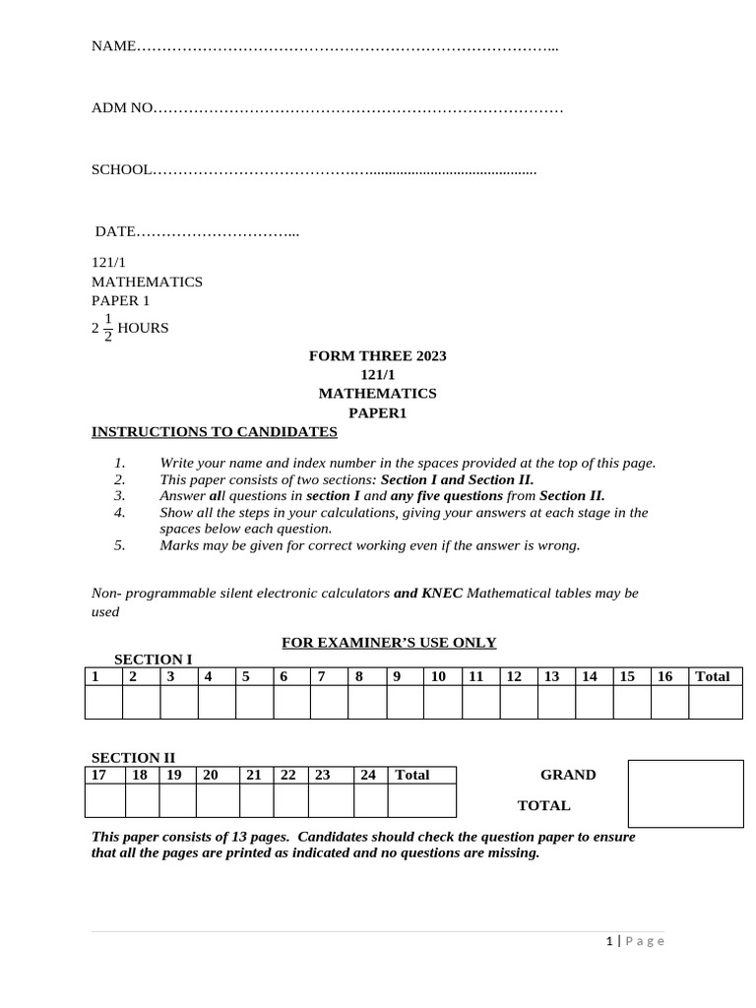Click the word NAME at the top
click(x=111, y=46)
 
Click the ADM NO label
click(x=122, y=107)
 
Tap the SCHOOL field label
click(x=121, y=169)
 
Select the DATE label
click(x=114, y=231)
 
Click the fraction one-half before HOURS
click(x=107, y=329)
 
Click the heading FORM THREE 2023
click(x=377, y=355)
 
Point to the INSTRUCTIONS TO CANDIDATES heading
click(x=215, y=432)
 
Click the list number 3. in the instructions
click(x=119, y=496)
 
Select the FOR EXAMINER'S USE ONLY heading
click(x=389, y=643)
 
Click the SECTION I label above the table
click(x=153, y=659)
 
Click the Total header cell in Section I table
click(x=716, y=676)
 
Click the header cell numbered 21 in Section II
click(x=254, y=775)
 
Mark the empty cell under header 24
click(x=370, y=800)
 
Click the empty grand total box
click(x=685, y=792)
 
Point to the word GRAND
click(x=568, y=775)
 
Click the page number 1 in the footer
click(x=609, y=941)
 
